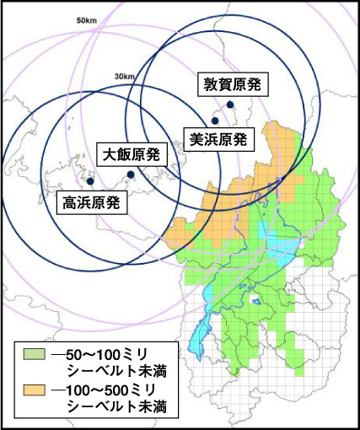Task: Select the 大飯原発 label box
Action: coord(133,155)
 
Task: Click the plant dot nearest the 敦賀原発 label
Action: coord(229,105)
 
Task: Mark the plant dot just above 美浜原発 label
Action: coord(215,121)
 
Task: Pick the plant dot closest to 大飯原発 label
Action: coord(130,175)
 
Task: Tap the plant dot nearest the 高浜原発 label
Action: coord(90,181)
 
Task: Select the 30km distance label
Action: coord(126,78)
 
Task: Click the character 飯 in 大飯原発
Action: coord(125,155)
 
